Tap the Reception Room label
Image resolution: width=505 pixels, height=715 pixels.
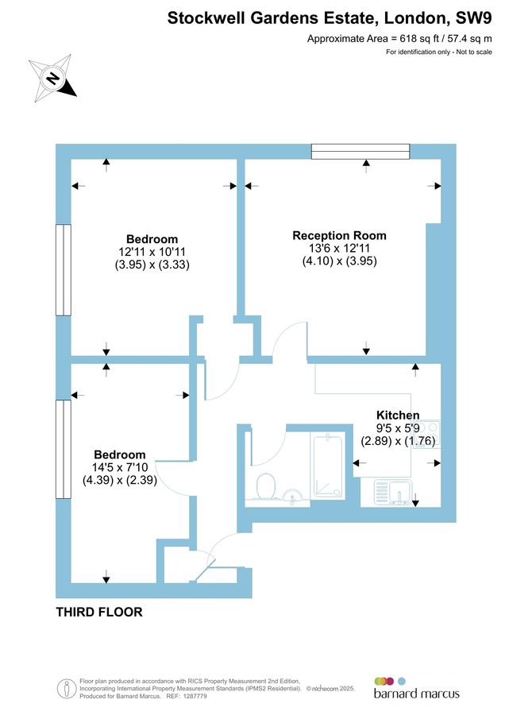coord(339,235)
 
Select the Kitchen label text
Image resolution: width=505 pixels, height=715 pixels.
coord(398,415)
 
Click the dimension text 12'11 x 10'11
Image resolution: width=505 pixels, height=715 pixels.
coord(152,252)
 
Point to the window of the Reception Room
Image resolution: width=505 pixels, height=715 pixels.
coord(360,149)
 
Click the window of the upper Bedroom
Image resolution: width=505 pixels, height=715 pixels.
coord(61,270)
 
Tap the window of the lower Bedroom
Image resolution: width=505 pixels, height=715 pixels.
coord(61,449)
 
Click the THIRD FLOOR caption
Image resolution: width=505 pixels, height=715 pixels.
coord(99,612)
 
